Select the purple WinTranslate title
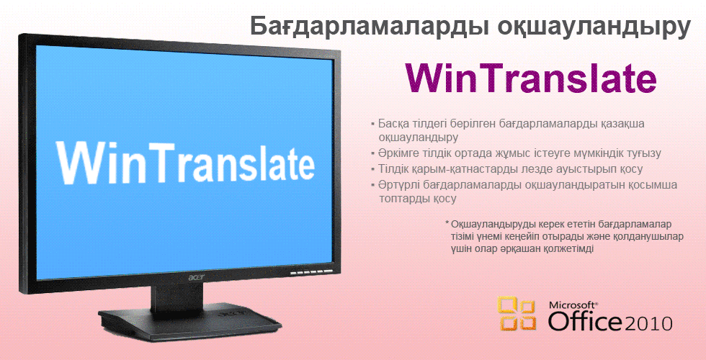(530, 78)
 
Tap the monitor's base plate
(189, 321)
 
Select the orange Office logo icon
(517, 314)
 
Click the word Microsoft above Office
(573, 305)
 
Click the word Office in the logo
(585, 322)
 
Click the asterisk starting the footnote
(447, 222)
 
